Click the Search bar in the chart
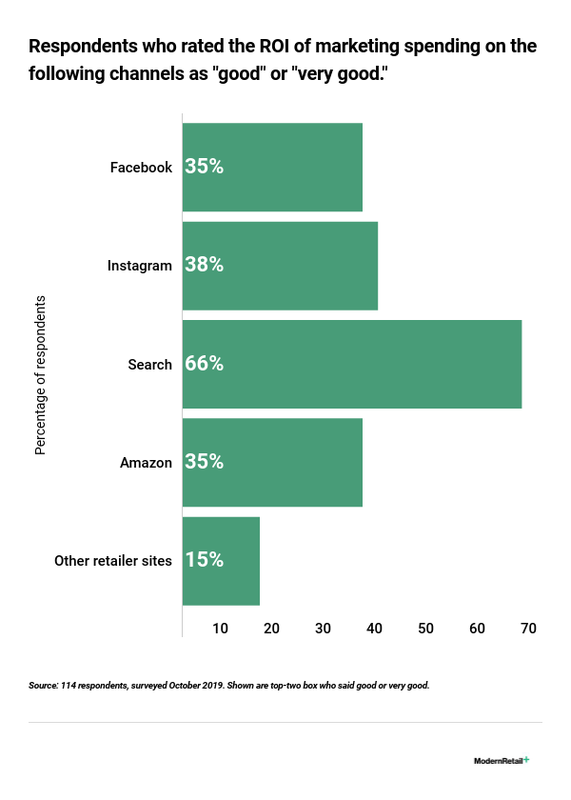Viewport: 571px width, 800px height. point(352,364)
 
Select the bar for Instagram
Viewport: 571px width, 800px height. point(280,266)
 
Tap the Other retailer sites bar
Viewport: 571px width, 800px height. point(221,561)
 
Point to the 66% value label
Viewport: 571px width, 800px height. point(205,364)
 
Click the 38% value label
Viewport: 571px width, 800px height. point(205,266)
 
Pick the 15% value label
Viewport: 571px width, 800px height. point(205,561)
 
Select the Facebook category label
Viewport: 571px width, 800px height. point(141,168)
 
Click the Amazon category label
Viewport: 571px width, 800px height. point(146,463)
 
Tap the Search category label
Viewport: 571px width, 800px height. point(150,364)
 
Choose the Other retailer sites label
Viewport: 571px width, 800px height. point(113,561)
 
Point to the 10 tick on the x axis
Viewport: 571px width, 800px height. point(221,629)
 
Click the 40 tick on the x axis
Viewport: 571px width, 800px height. point(375,629)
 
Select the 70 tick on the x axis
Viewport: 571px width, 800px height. point(529,629)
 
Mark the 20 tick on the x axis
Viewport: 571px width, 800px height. point(272,629)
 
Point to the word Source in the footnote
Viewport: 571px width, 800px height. point(44,685)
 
